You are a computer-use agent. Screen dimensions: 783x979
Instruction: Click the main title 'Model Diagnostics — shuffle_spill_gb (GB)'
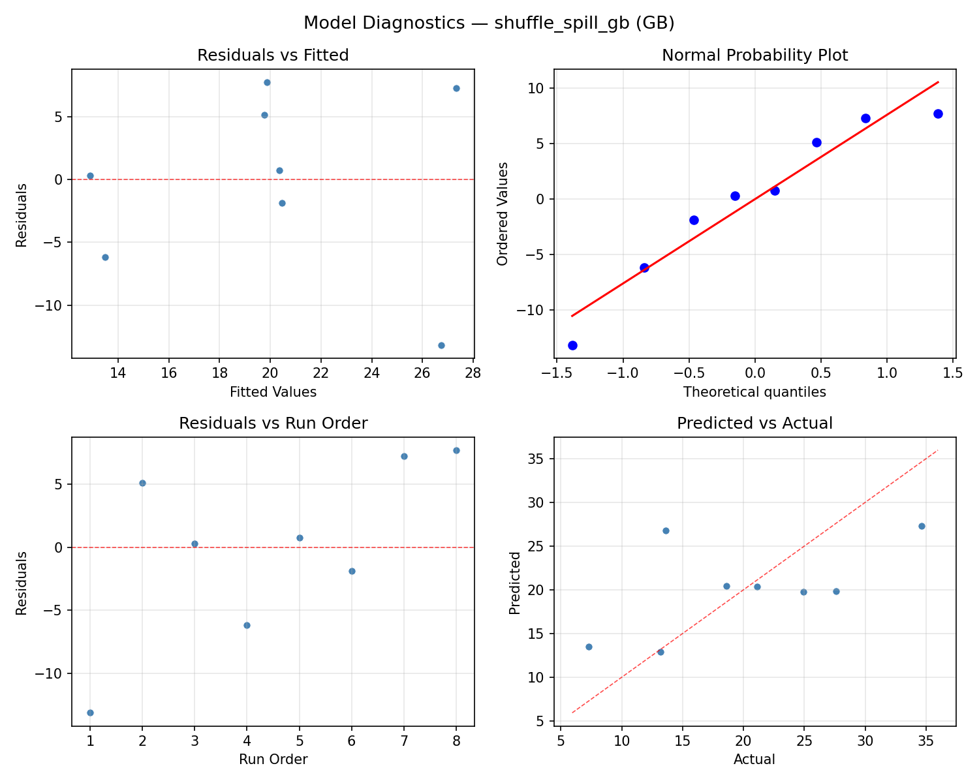tap(489, 23)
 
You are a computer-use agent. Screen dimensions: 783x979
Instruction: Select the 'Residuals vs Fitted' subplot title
tap(273, 55)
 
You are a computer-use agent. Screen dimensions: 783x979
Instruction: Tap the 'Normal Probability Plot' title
tap(754, 55)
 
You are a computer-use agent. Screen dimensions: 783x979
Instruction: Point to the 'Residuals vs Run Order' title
tap(273, 423)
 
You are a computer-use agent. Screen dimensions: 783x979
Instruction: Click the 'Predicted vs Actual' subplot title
tap(754, 423)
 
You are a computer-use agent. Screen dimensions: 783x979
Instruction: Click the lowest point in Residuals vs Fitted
tap(441, 345)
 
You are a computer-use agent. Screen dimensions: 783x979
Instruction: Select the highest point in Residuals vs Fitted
tap(267, 82)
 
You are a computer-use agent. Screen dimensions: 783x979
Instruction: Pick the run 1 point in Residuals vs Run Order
tap(90, 713)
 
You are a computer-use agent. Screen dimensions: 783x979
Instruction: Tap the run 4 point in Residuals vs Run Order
tap(247, 625)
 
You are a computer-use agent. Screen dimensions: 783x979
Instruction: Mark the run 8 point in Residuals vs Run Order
tap(456, 450)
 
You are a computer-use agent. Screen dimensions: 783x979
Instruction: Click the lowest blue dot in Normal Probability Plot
tap(572, 345)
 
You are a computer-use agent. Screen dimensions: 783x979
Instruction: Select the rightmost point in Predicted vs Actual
tap(922, 526)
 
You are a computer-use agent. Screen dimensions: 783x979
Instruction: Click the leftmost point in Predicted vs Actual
tap(589, 647)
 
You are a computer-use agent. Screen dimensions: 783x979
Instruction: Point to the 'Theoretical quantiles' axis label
tap(754, 392)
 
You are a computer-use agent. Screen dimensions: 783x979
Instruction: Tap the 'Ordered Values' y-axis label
tap(502, 213)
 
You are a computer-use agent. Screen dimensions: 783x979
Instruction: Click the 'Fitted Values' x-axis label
tap(273, 392)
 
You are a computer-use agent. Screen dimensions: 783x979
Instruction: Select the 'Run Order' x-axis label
tap(273, 760)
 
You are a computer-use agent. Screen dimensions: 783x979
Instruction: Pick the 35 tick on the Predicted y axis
tap(538, 459)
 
